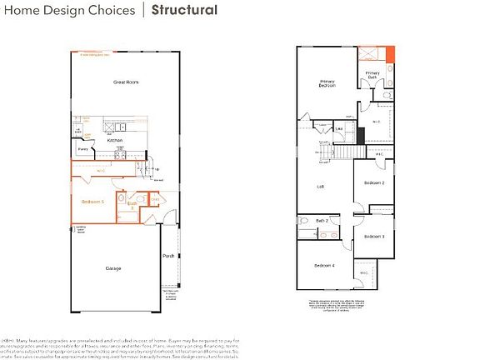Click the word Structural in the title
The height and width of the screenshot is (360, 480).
coord(184,11)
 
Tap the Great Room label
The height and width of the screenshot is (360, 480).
coord(125,82)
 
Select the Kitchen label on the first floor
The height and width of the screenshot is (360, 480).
coord(115,140)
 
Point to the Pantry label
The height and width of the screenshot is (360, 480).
coord(83,149)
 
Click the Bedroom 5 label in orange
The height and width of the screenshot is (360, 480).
coord(92,202)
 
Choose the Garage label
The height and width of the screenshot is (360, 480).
coord(113,268)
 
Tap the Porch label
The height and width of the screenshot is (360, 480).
coord(168,256)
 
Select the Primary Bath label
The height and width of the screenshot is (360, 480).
coord(372,75)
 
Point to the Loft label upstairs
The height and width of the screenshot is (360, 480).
coord(319,187)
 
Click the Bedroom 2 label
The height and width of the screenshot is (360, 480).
coord(373,182)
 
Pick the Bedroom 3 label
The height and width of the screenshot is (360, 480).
coord(372,237)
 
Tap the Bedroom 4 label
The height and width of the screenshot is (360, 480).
coord(324,265)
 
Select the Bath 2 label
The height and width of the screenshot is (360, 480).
coord(322,220)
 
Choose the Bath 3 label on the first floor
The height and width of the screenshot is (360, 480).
coord(132,204)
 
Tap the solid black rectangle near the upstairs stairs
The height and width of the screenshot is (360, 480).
coord(362,134)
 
